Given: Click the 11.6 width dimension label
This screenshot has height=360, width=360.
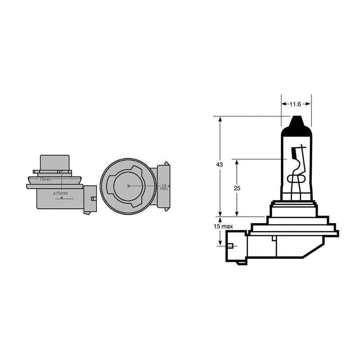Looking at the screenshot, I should click(295, 104).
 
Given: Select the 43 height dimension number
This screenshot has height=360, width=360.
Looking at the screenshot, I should click(220, 165).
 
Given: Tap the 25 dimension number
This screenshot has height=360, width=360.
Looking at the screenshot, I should click(237, 188).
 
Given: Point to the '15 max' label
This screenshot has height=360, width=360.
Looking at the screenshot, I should click(223, 226).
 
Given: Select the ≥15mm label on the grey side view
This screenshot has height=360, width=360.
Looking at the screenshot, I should click(60, 193).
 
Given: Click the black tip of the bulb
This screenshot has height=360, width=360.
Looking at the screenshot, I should click(296, 123).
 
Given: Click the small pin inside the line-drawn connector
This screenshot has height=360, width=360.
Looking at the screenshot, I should click(231, 246).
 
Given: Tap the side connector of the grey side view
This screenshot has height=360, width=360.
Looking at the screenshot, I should click(90, 198).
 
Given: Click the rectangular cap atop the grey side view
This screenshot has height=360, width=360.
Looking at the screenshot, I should click(55, 162).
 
